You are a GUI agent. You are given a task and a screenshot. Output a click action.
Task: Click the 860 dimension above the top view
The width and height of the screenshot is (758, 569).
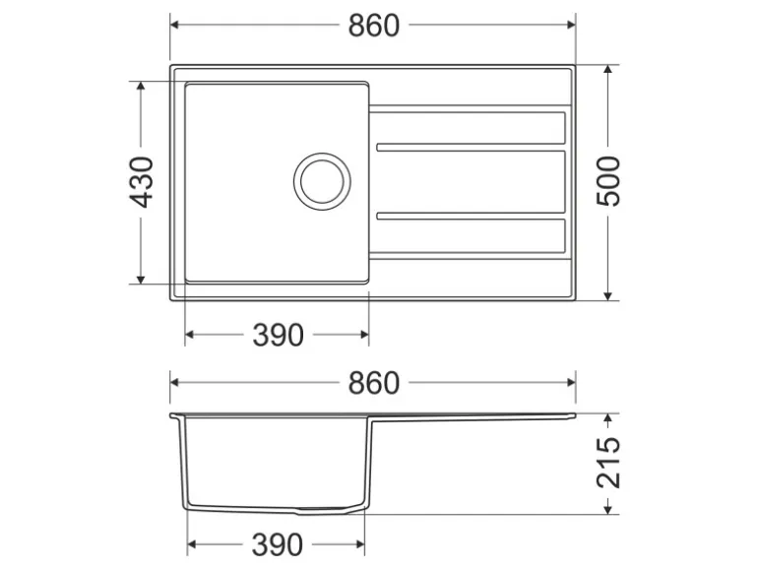coord(374,26)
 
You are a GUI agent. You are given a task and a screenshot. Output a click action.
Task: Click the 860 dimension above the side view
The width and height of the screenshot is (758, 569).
coord(374,383)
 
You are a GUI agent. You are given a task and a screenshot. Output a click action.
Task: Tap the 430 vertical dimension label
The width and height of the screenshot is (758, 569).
coord(143,182)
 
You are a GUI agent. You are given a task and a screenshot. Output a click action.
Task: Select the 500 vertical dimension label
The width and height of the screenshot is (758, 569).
coord(608,181)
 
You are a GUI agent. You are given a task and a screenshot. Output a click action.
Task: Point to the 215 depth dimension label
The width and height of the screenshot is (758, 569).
coord(608,463)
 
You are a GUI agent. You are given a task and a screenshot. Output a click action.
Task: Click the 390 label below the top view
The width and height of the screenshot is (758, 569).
coord(278,335)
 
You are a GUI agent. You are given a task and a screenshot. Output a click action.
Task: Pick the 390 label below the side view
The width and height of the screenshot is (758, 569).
coord(277,544)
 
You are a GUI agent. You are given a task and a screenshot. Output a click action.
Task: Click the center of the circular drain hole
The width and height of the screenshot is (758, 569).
coord(322,181)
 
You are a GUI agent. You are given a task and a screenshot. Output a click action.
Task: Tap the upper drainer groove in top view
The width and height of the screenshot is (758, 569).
coord(471,147)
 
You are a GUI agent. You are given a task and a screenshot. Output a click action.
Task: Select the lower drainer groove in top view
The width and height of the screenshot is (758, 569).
coord(471,216)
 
